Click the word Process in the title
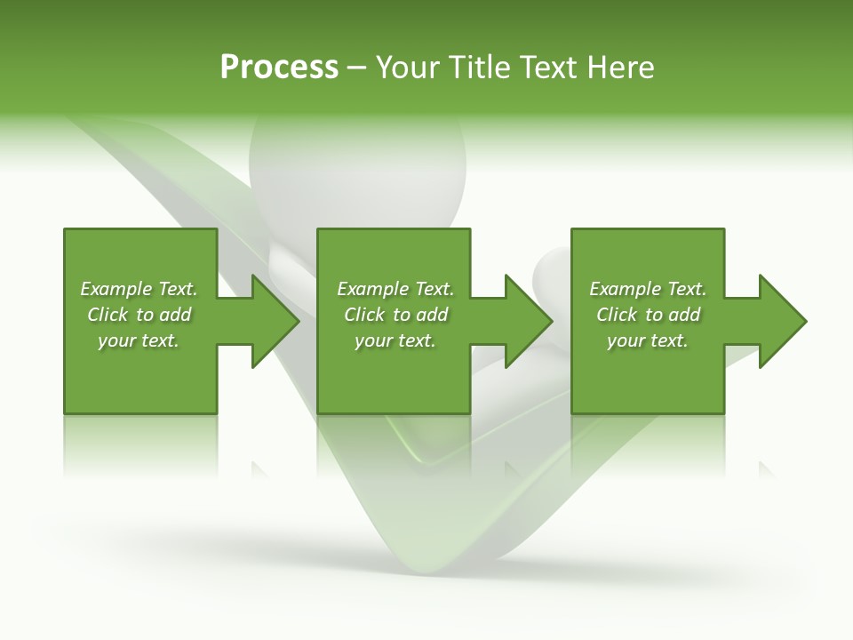[279, 68]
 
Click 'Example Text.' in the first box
[139, 289]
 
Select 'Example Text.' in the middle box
[395, 289]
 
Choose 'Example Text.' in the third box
[648, 289]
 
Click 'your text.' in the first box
[139, 340]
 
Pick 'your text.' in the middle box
[395, 340]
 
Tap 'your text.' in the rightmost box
[648, 340]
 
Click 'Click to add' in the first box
[139, 315]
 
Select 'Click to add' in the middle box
[395, 315]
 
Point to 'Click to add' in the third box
[648, 315]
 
